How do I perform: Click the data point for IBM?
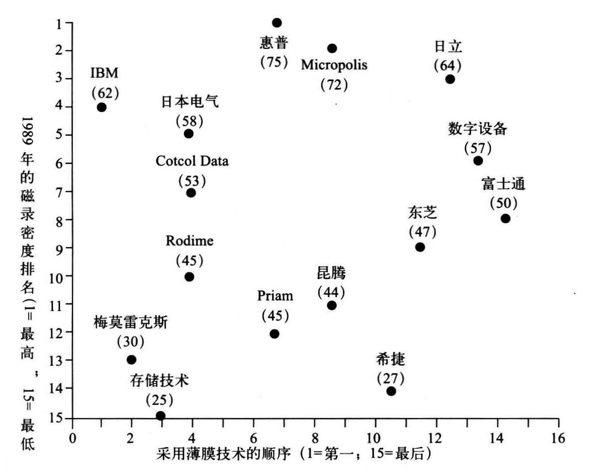coord(101,108)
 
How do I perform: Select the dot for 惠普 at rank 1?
coord(277,23)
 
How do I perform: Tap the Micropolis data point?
coord(332,48)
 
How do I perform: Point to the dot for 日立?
coord(450,79)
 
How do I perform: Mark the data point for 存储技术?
coord(160,416)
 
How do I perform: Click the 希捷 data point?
coord(391,391)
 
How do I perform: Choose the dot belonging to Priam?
coord(274,334)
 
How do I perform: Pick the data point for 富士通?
coord(505,218)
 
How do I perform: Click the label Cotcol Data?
coord(192,161)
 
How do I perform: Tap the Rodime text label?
coord(189,241)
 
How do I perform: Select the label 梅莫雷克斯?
coord(131,322)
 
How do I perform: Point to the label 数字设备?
coord(477,129)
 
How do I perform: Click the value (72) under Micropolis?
coord(334,85)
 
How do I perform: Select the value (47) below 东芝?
coord(422,232)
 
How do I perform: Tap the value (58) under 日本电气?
coord(189,121)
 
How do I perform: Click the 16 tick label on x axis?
coord(558,438)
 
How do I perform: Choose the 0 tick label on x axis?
coord(73,438)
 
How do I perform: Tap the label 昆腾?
coord(331,273)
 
